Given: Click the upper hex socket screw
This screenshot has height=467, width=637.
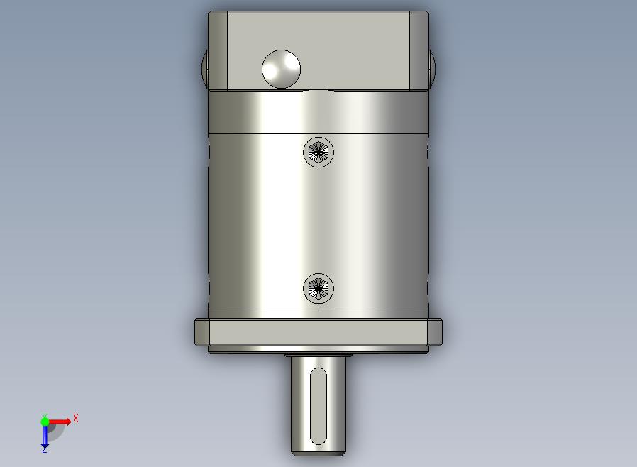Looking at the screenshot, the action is pos(318,152).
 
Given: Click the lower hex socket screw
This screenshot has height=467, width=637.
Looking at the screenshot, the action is pos(318,288).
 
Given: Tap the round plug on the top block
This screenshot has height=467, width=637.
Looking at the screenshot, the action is pos(281,69).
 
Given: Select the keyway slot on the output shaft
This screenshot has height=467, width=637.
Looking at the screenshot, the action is pos(318,407).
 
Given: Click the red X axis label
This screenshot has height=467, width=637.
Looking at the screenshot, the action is pos(76,418).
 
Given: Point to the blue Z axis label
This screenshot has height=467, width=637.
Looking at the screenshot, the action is pos(44,449).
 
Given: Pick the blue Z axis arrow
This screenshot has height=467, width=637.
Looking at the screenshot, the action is pos(45,436).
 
